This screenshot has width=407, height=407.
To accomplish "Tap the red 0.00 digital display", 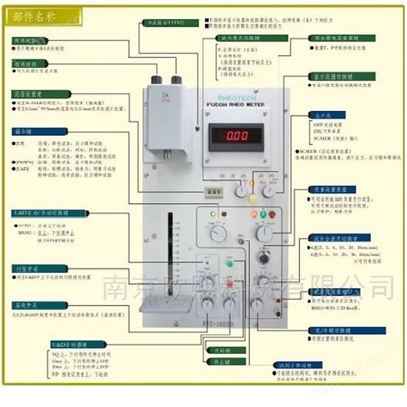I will click(x=237, y=135).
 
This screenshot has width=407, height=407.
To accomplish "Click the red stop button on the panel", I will click(x=230, y=284).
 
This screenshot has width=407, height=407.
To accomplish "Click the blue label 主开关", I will click(x=320, y=114).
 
